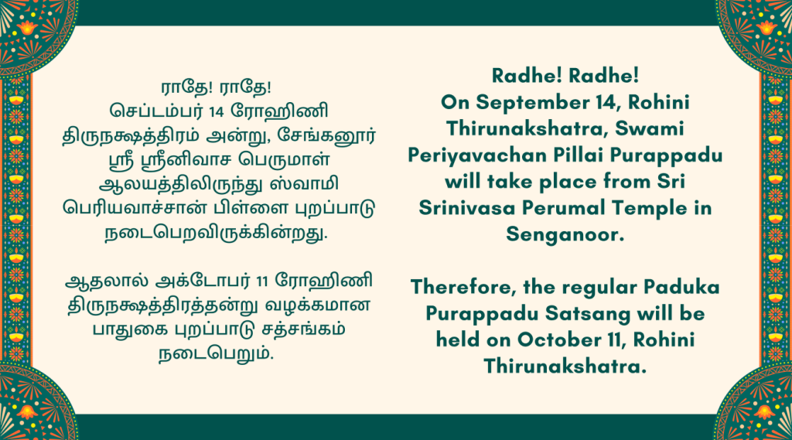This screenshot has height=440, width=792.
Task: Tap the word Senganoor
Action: [x=565, y=234]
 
